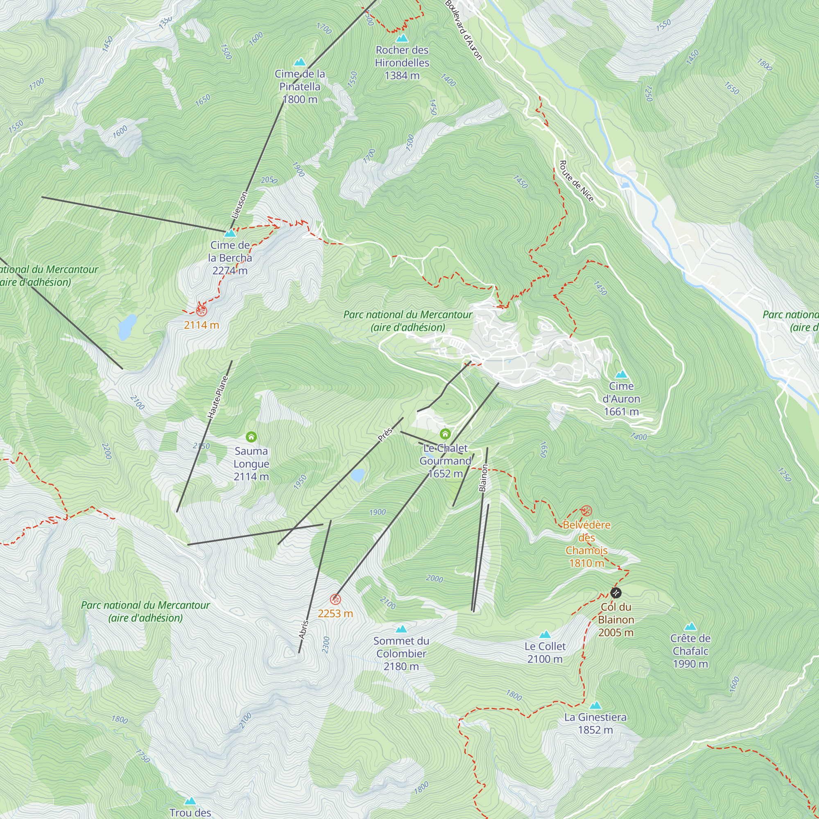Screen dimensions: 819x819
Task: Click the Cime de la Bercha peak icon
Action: pyautogui.click(x=230, y=233)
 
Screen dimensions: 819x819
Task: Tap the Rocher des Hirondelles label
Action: pyautogui.click(x=402, y=63)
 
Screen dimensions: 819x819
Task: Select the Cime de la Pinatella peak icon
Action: pyautogui.click(x=300, y=62)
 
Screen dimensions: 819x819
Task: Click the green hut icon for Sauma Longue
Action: pyautogui.click(x=251, y=437)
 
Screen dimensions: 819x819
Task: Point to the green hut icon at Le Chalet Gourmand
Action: pyautogui.click(x=445, y=434)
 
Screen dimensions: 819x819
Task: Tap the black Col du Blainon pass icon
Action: pyautogui.click(x=615, y=592)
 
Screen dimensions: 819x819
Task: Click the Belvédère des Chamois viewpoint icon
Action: pyautogui.click(x=586, y=510)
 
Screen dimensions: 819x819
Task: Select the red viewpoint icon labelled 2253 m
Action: pyautogui.click(x=335, y=599)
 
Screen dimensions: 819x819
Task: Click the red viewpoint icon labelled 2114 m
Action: pyautogui.click(x=201, y=311)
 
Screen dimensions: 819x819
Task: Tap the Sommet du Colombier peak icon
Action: pyautogui.click(x=401, y=629)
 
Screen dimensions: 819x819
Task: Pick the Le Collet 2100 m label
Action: pyautogui.click(x=545, y=652)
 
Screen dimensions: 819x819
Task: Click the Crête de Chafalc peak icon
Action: pyautogui.click(x=690, y=627)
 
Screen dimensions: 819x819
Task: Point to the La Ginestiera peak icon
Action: pyautogui.click(x=595, y=706)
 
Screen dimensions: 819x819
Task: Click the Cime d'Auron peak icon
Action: pyautogui.click(x=621, y=374)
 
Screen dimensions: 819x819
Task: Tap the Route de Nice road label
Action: pyautogui.click(x=576, y=181)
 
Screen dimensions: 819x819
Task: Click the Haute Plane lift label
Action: pyautogui.click(x=218, y=397)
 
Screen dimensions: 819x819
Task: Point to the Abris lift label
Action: pyautogui.click(x=303, y=629)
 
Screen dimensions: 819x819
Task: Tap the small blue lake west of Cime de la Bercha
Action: pyautogui.click(x=127, y=327)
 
